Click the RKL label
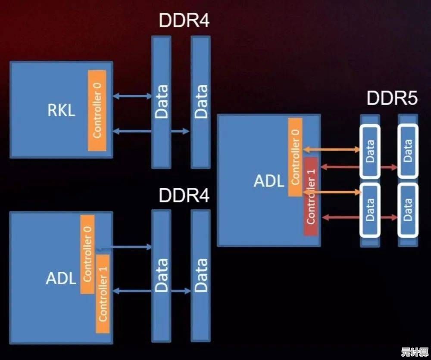(61, 110)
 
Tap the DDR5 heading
(392, 99)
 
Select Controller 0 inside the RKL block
(97, 110)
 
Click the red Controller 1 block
(311, 196)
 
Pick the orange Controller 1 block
(103, 293)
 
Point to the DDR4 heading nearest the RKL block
(184, 21)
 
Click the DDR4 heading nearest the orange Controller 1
(184, 196)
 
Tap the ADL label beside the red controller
(269, 181)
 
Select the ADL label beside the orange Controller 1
(61, 278)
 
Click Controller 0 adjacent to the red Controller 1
(295, 157)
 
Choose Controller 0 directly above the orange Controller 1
(87, 254)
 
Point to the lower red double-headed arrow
(360, 218)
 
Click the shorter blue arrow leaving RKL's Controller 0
(132, 97)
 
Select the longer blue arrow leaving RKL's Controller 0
(151, 131)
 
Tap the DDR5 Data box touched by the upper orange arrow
(370, 151)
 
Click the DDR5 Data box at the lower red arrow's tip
(407, 210)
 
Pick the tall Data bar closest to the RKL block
(161, 102)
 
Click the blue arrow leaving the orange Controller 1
(151, 291)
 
